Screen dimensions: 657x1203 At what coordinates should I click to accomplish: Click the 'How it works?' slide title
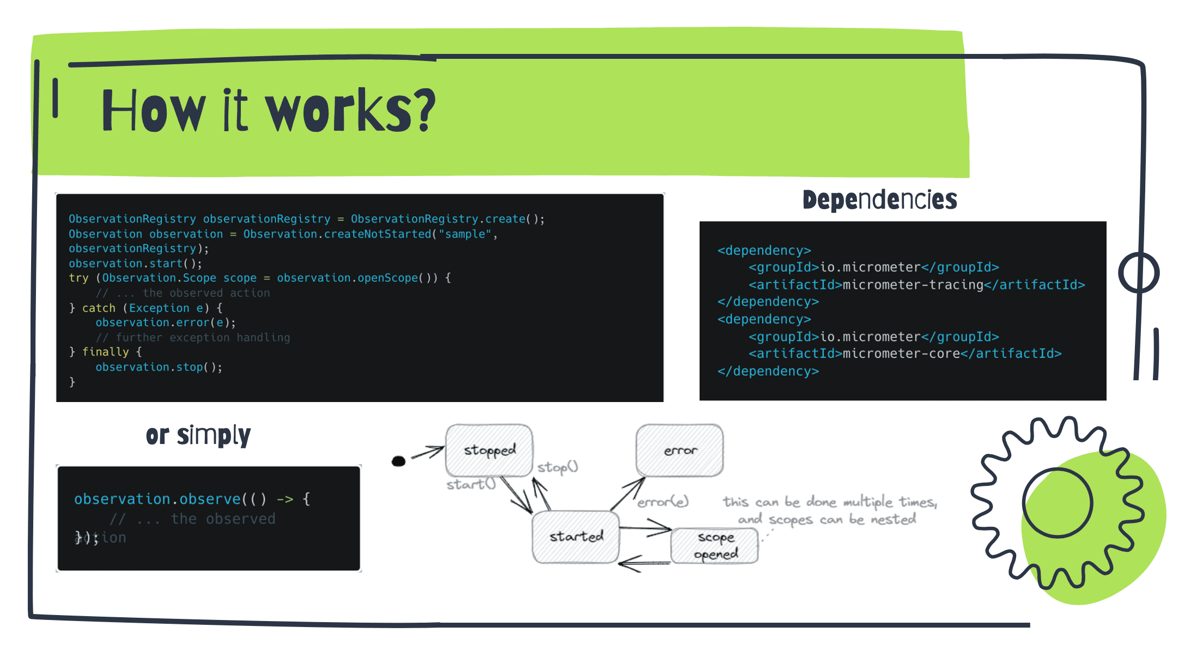[268, 111]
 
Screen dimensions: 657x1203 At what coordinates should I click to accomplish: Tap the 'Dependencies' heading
[879, 200]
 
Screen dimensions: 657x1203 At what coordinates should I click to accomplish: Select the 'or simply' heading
[198, 435]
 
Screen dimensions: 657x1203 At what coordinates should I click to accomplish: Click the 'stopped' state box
[489, 450]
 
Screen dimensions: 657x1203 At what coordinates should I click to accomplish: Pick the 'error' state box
[679, 451]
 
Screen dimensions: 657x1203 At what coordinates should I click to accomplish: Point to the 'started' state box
[576, 537]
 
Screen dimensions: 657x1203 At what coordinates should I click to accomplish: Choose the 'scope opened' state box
[715, 545]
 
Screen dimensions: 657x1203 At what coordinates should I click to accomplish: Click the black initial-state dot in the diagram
[399, 461]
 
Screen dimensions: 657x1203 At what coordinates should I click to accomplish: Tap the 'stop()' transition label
[557, 467]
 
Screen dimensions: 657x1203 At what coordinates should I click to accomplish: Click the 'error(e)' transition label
[663, 502]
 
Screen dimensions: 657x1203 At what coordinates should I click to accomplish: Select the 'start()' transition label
[471, 484]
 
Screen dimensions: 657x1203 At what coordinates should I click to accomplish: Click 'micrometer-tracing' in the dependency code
[913, 284]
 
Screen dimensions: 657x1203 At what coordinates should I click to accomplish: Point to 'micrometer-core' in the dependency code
[901, 354]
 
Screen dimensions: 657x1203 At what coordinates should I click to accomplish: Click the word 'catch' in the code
[99, 308]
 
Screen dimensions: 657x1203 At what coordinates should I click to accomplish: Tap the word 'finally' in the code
[105, 352]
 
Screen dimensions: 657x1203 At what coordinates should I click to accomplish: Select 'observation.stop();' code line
[159, 367]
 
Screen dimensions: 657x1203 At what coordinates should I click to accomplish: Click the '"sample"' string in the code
[465, 234]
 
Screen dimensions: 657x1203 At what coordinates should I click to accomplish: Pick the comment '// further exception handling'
[193, 338]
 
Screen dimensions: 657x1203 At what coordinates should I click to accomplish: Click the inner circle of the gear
[1057, 503]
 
